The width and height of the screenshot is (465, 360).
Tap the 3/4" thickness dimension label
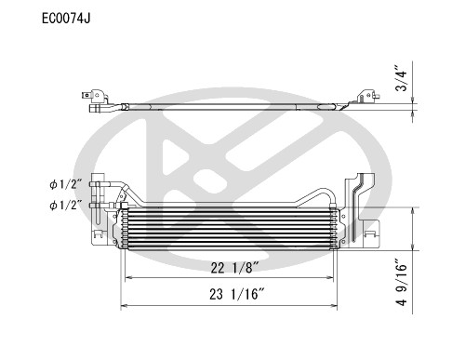(400, 78)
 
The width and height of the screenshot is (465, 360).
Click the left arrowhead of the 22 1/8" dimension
(128, 278)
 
